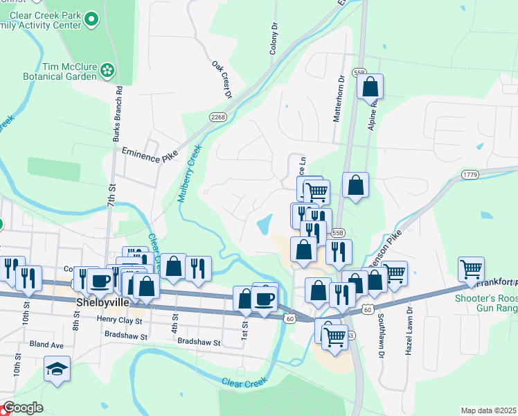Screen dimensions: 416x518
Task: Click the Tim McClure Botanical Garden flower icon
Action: (x=107, y=69)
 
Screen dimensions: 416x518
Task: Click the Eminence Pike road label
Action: (x=150, y=152)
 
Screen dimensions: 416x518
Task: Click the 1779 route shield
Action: (x=471, y=176)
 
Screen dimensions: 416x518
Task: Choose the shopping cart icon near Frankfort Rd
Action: (x=471, y=268)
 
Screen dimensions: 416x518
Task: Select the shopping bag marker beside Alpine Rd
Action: (x=370, y=87)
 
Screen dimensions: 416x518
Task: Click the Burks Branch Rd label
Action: (x=118, y=114)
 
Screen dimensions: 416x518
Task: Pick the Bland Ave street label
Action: (x=46, y=345)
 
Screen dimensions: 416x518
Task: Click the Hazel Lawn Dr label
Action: (x=409, y=331)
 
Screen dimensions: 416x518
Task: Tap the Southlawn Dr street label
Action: (x=381, y=336)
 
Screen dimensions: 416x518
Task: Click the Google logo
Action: (x=23, y=408)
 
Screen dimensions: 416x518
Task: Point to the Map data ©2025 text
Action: (x=488, y=410)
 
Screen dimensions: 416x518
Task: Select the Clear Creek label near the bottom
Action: (x=244, y=382)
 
